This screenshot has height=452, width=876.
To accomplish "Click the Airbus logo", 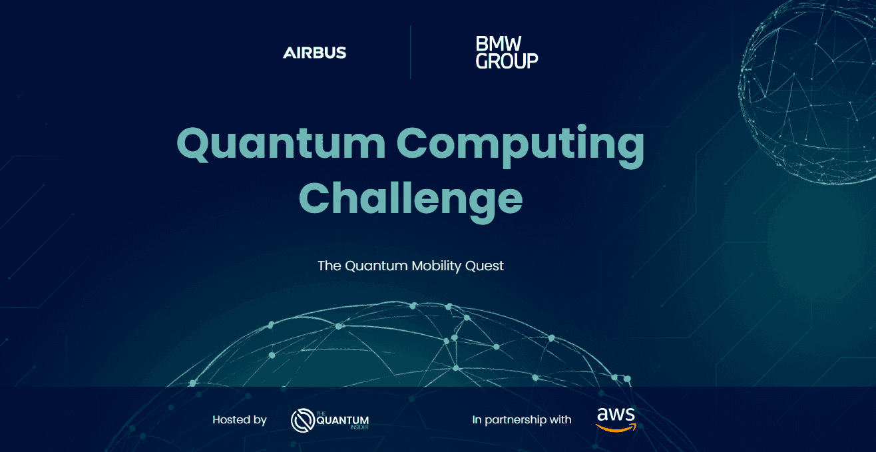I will (x=314, y=53).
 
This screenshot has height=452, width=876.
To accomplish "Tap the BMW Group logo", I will (x=507, y=53).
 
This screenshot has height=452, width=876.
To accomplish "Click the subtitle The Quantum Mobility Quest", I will (x=411, y=266).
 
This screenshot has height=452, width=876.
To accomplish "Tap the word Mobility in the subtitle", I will (x=435, y=266).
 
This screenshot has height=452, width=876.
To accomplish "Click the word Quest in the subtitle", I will (x=485, y=266).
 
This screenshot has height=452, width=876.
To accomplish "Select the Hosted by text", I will (x=240, y=419).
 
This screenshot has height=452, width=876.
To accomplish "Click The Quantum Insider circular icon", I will (x=303, y=420).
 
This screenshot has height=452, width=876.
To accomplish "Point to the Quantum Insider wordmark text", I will (x=342, y=420).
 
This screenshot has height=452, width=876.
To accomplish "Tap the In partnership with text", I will (x=522, y=419).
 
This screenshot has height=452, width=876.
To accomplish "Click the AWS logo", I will (x=616, y=419).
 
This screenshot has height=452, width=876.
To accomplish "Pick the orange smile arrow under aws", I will (x=616, y=428).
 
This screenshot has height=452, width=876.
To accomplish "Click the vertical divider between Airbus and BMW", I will (x=410, y=53).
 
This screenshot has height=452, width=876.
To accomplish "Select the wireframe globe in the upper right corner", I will (x=809, y=93).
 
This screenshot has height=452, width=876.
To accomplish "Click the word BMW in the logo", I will (x=497, y=45).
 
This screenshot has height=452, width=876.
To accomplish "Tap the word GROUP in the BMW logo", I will (x=507, y=61).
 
